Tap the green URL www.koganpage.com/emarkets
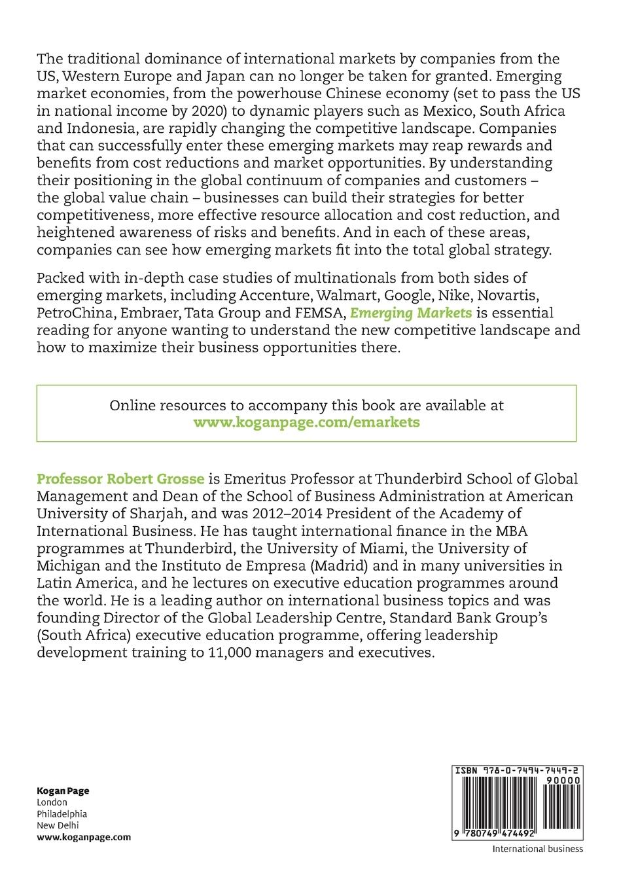pyautogui.click(x=306, y=422)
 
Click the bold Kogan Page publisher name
pyautogui.click(x=63, y=791)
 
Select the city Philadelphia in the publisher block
pyautogui.click(x=62, y=814)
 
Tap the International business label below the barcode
pyautogui.click(x=537, y=849)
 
